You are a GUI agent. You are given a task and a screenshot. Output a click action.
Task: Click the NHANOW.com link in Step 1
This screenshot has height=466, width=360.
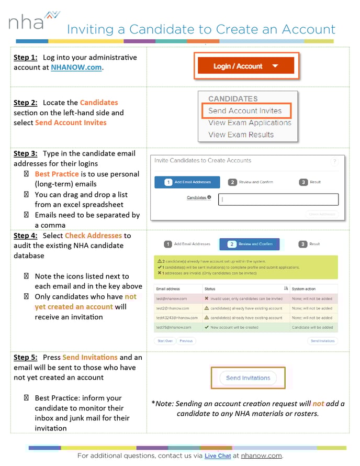point(76,67)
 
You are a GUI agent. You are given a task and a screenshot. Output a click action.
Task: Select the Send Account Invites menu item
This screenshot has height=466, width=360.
point(245,111)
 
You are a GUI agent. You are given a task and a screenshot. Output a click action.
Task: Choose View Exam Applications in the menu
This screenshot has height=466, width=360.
point(250,123)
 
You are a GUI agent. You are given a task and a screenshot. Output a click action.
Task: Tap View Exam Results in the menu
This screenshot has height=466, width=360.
point(241,135)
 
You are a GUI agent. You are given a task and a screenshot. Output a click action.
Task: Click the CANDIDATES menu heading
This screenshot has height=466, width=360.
point(233,99)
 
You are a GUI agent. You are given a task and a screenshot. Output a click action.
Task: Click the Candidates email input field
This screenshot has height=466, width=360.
point(278,199)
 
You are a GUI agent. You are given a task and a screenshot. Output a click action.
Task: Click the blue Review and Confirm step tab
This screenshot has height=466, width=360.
point(253,244)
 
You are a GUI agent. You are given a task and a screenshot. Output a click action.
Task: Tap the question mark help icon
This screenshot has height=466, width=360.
point(335,162)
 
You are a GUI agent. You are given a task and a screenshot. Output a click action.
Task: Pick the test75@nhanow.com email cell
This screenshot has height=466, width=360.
point(174,327)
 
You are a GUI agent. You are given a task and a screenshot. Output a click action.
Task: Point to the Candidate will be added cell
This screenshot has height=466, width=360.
point(312,327)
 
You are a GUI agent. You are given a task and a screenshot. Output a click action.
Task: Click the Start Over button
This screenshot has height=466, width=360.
point(165,341)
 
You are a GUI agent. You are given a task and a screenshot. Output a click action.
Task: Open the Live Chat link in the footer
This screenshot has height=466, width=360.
point(217,456)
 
